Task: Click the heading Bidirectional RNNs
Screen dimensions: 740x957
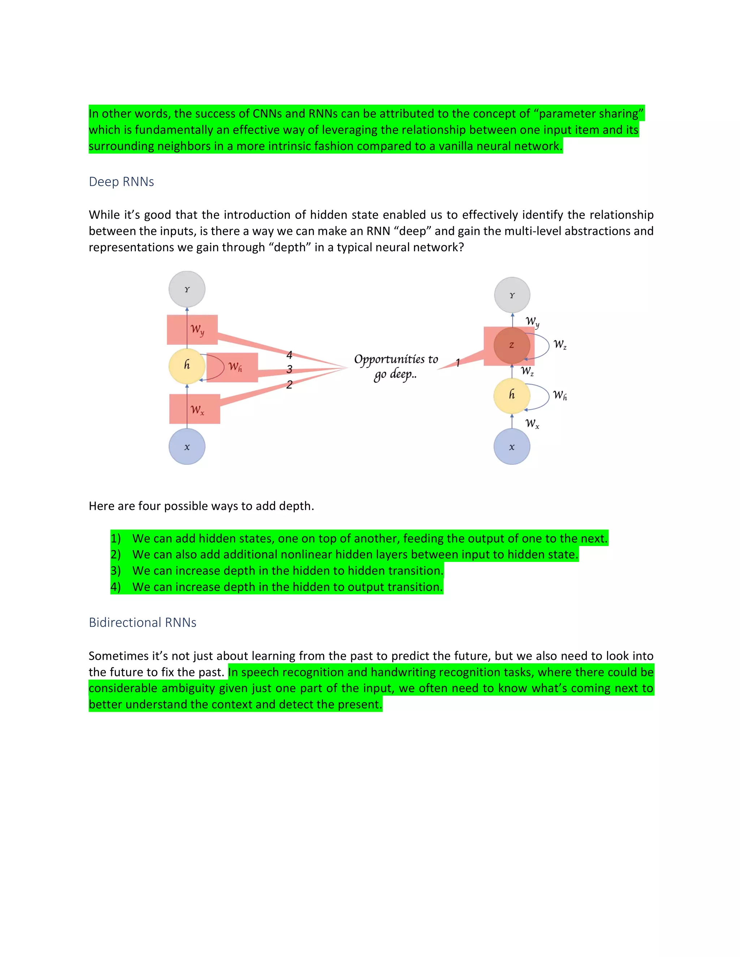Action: tap(142, 622)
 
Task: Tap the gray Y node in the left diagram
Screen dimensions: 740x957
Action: tap(187, 289)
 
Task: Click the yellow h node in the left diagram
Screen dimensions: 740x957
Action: tap(187, 365)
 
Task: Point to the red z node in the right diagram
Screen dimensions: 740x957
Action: tap(512, 345)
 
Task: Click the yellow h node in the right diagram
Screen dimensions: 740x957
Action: tap(512, 395)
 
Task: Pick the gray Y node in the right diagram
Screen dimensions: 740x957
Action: tap(512, 295)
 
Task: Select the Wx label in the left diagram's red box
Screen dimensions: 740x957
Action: tap(197, 410)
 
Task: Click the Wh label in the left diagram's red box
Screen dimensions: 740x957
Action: tap(235, 367)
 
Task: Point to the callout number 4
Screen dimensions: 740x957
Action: tap(289, 355)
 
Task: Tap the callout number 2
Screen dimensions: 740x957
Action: tap(289, 384)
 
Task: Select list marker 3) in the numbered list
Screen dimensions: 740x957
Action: tap(115, 571)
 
